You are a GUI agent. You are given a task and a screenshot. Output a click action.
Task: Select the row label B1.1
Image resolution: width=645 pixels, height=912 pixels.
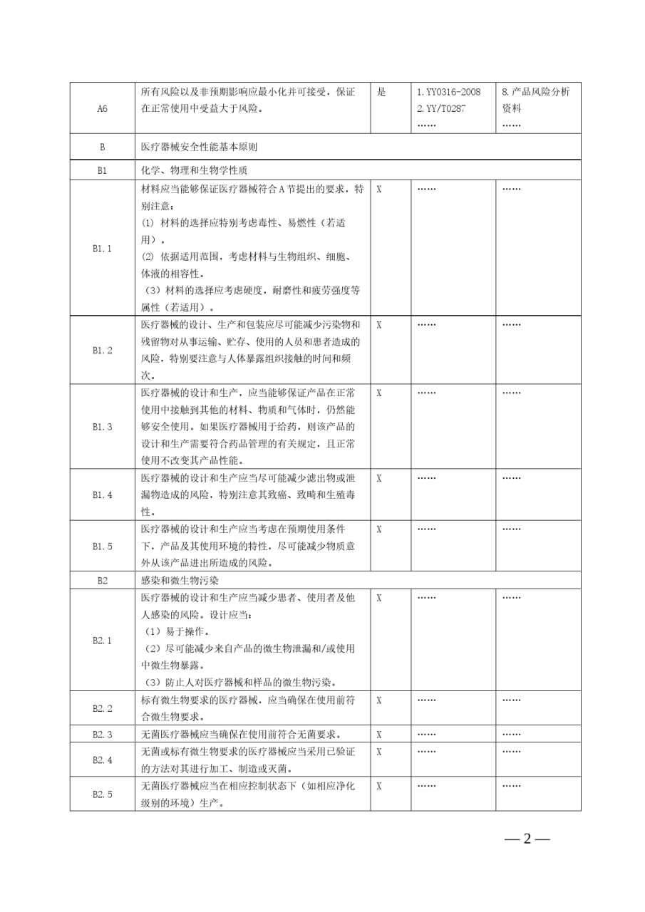tap(102, 249)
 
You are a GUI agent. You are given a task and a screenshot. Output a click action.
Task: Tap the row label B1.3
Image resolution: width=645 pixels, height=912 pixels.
tap(102, 427)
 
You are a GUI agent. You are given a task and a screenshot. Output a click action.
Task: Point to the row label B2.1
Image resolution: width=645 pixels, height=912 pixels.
tap(102, 641)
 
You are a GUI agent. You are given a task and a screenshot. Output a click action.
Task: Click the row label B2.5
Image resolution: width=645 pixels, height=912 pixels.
tap(102, 794)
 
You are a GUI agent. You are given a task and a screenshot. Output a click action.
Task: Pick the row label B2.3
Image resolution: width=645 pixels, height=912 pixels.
tap(102, 734)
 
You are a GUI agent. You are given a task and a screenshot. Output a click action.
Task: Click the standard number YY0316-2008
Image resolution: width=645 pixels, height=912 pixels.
tap(448, 92)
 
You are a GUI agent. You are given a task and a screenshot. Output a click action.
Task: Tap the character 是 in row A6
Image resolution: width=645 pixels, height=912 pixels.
tap(381, 92)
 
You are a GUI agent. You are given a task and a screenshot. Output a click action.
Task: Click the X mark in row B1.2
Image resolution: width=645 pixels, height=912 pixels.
tap(379, 324)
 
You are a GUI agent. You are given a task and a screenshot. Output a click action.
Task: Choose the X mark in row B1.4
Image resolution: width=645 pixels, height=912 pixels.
tap(379, 478)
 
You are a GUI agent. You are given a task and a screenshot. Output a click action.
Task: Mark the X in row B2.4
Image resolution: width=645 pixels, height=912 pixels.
tap(379, 751)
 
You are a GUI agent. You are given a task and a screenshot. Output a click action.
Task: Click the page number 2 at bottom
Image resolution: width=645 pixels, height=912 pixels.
tap(527, 838)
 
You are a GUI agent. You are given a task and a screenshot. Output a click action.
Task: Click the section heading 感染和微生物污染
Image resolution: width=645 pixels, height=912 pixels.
tap(173, 581)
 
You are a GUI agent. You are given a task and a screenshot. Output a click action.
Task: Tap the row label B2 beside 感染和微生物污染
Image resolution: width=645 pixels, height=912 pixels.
tap(102, 581)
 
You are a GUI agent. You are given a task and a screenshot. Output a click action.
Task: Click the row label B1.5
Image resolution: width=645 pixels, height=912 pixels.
tap(102, 546)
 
